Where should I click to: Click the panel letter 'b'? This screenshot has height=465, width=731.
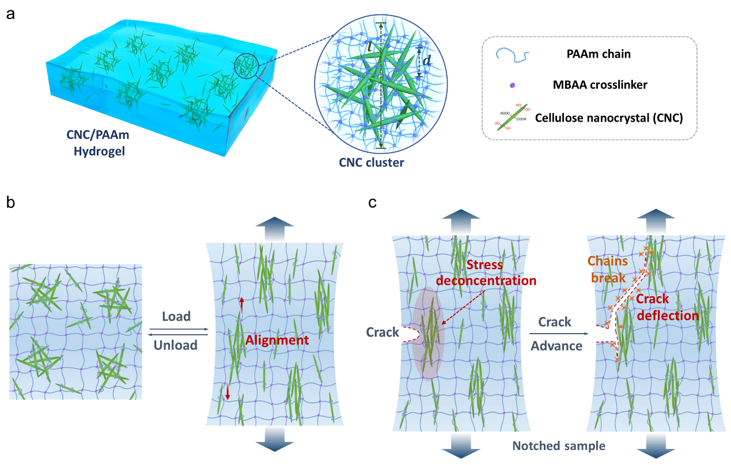[x=10, y=202]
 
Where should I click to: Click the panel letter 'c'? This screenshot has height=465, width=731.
[x=373, y=202]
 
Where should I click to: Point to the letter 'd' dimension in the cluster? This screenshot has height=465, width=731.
[x=426, y=59]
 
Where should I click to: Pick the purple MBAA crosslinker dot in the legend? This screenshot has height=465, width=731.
[x=512, y=85]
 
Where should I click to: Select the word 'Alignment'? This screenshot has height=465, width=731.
[x=277, y=340]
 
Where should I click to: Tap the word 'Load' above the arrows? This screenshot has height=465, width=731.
[x=176, y=316]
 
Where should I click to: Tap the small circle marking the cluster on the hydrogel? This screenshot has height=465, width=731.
[x=247, y=66]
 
